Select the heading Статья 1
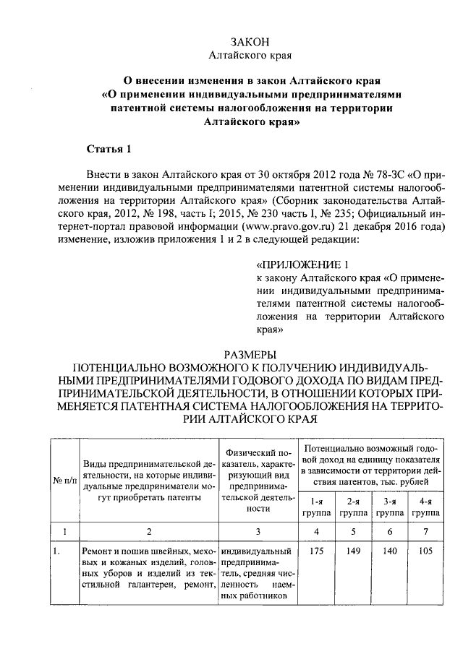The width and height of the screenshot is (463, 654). pos(109,150)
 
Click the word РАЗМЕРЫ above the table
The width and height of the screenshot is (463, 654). pos(250,354)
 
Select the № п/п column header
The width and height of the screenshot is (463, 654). pos(64,480)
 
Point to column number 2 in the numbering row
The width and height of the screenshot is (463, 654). pos(149,532)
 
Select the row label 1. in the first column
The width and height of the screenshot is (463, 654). pos(55,551)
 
